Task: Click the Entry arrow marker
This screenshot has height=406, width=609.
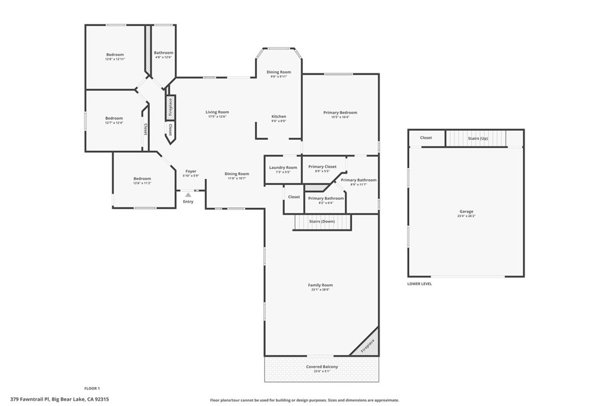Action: [x=188, y=194]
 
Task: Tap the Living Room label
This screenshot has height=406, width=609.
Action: [x=217, y=112]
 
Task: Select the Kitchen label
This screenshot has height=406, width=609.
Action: [x=279, y=117]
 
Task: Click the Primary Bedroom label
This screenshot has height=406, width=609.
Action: [x=340, y=112]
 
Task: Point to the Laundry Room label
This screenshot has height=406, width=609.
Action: [x=283, y=168]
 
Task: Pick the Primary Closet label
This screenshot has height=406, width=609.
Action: [x=322, y=166]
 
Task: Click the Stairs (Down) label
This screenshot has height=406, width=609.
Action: [x=322, y=221]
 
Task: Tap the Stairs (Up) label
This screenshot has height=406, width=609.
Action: [x=478, y=138]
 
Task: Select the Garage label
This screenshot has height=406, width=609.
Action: [x=466, y=212]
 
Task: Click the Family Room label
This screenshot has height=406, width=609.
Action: [x=320, y=285]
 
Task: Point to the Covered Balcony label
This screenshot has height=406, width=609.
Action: [x=322, y=367]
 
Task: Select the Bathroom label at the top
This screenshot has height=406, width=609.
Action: [x=164, y=53]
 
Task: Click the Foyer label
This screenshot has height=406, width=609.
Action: [x=190, y=171]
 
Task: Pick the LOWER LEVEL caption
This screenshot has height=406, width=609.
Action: [x=419, y=284]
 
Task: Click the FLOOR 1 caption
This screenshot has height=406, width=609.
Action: [x=92, y=388]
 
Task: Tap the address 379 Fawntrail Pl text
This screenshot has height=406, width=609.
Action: [x=59, y=399]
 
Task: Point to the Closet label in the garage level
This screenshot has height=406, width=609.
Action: [x=426, y=138]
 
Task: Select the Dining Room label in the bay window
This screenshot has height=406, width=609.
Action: [x=279, y=72]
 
